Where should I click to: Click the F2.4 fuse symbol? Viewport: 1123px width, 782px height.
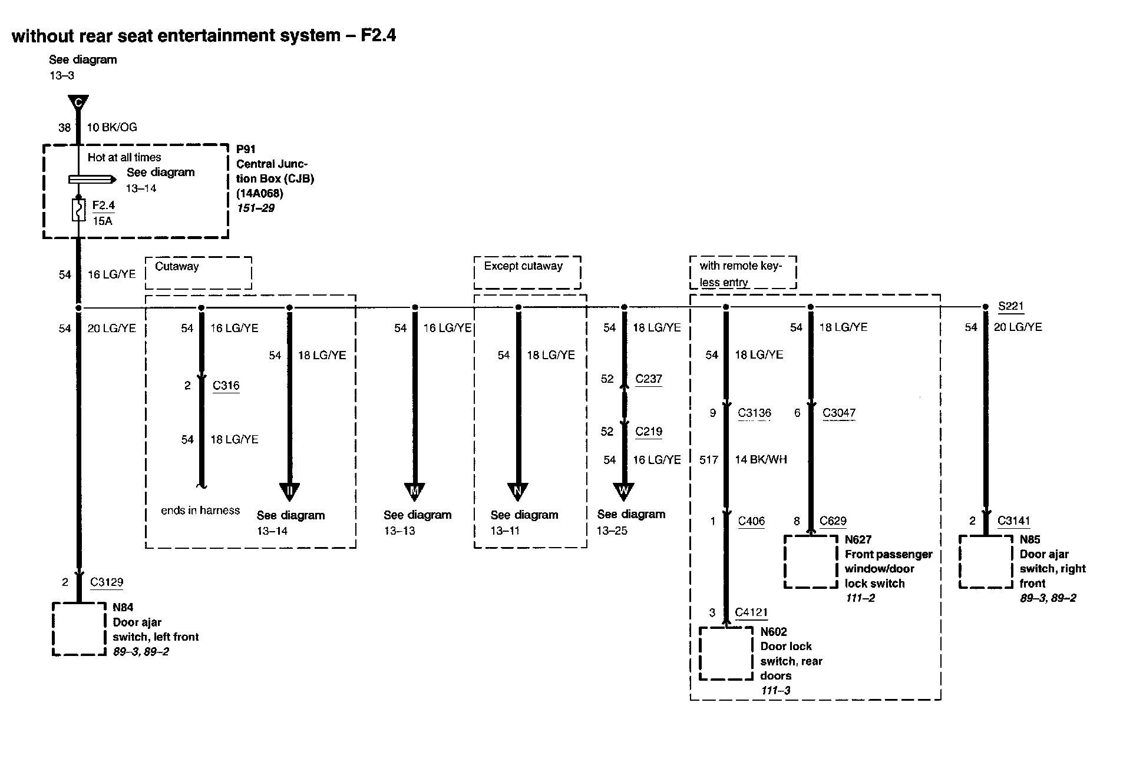tap(78, 210)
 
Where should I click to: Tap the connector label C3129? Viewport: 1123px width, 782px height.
tap(107, 582)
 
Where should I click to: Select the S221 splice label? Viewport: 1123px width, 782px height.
tap(1010, 306)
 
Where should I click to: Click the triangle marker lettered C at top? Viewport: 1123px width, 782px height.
tap(78, 103)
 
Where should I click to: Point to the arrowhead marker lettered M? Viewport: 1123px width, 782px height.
tap(415, 491)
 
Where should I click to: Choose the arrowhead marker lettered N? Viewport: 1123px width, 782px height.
tap(518, 491)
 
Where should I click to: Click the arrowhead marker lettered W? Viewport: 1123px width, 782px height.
tap(624, 491)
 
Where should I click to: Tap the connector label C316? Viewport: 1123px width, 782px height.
tap(226, 386)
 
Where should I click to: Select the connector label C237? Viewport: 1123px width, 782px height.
tap(648, 379)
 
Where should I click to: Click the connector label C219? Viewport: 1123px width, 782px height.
tap(648, 432)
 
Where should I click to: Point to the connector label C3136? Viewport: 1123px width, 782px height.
tap(754, 413)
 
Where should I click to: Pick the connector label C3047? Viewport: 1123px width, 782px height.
tap(838, 413)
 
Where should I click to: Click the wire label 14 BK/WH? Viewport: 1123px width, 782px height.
tap(761, 459)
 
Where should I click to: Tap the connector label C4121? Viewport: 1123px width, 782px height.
tap(751, 612)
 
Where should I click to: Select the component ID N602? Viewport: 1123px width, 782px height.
tap(773, 632)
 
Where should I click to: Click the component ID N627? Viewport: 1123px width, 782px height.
tap(858, 539)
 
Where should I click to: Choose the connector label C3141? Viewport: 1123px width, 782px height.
tap(1013, 521)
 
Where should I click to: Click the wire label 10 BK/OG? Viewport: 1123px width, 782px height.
tap(112, 127)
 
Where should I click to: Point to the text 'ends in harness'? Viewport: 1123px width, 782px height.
tap(200, 511)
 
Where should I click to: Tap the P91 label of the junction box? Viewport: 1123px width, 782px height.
tap(246, 150)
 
